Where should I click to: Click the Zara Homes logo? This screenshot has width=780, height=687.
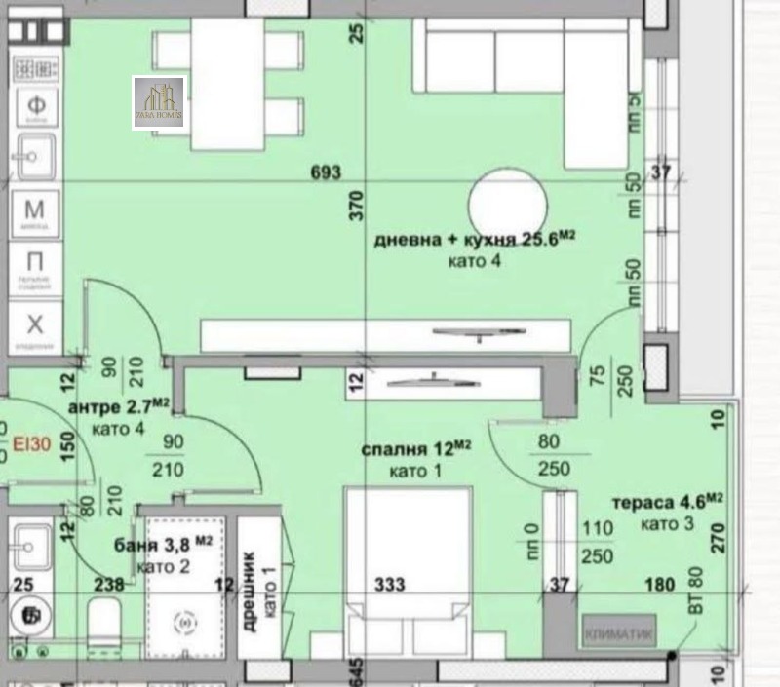pos(159,102)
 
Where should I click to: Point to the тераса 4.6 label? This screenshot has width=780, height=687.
pos(666,504)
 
